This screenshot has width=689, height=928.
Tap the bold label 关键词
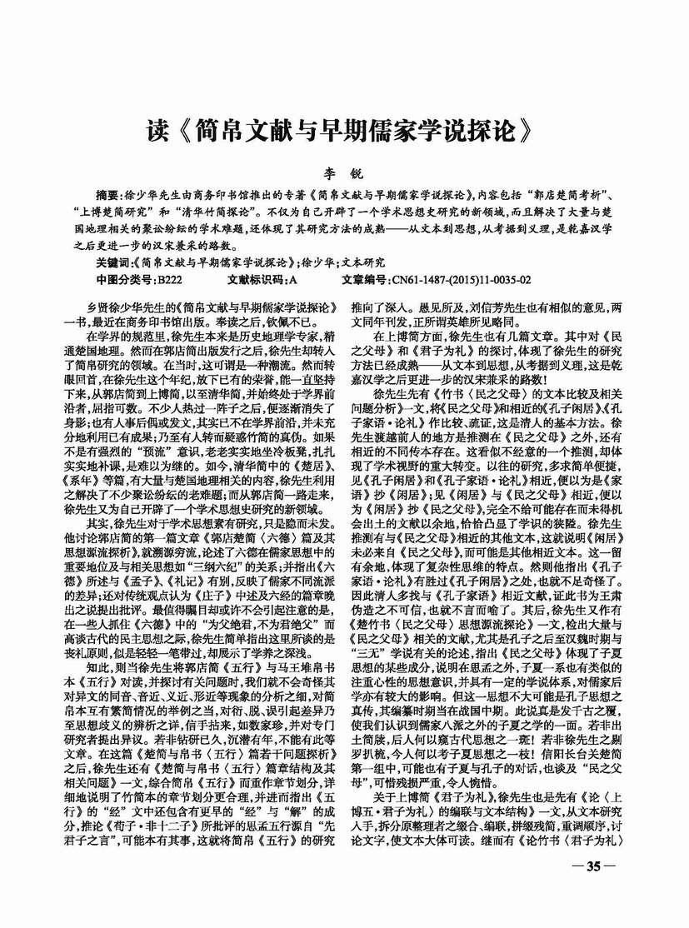coord(113,262)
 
